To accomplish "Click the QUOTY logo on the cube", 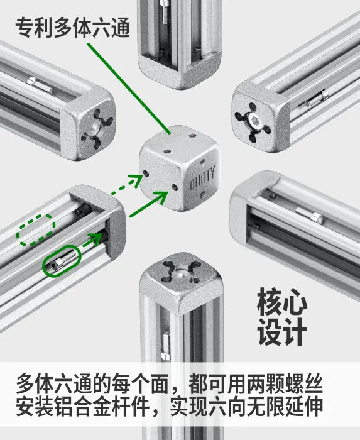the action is click(202, 178).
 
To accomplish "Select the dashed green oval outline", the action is click(36, 230).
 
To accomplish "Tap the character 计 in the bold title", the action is click(295, 332).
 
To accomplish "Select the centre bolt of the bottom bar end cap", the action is click(182, 274).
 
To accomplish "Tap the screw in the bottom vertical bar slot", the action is click(166, 345).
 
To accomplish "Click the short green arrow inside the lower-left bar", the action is click(93, 239).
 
